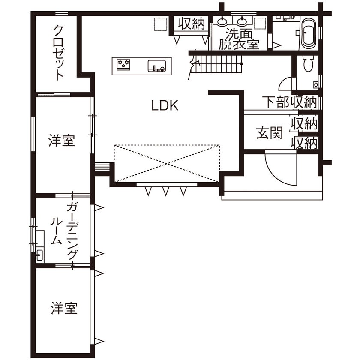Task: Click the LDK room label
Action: point(165,105)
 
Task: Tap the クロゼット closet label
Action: point(59,52)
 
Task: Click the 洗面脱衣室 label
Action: point(239,39)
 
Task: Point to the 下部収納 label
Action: point(290,102)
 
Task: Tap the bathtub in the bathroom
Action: point(308,33)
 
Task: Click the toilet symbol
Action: point(308,64)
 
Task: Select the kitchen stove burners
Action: point(123,65)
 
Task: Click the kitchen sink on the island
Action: point(157,66)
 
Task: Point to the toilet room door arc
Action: point(285,82)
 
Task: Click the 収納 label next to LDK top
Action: point(192,24)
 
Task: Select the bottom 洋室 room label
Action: point(64,308)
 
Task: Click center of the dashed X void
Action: point(167,163)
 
